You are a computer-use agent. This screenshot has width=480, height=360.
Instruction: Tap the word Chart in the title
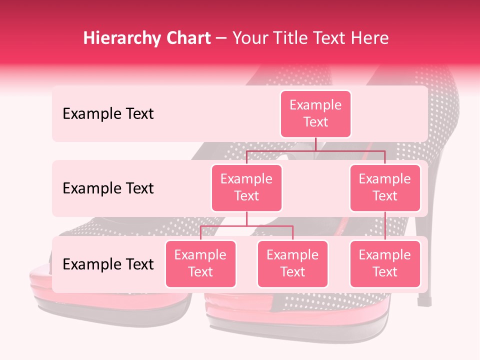pyautogui.click(x=186, y=38)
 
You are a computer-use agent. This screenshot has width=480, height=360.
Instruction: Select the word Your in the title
pyautogui.click(x=248, y=38)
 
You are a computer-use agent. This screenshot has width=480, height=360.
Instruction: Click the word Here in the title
pyautogui.click(x=369, y=38)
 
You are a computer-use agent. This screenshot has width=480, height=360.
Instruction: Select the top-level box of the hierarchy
pyautogui.click(x=315, y=114)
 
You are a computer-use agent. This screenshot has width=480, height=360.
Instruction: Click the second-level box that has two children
pyautogui.click(x=246, y=188)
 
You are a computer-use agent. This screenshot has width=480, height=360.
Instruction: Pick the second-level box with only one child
pyautogui.click(x=385, y=188)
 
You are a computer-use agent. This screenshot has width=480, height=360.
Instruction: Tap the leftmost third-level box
pyautogui.click(x=200, y=264)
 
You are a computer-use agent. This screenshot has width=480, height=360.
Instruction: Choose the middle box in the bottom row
pyautogui.click(x=292, y=264)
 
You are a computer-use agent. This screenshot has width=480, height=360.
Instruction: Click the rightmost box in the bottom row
pyautogui.click(x=385, y=264)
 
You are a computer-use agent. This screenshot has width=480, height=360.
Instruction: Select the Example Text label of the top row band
pyautogui.click(x=108, y=114)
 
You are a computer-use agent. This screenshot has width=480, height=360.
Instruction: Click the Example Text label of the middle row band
pyautogui.click(x=108, y=188)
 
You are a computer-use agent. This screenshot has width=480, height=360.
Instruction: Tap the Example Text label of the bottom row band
pyautogui.click(x=108, y=264)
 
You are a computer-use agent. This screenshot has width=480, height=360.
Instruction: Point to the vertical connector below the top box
pyautogui.click(x=315, y=144)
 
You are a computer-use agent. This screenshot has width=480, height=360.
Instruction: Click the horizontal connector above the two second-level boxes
pyautogui.click(x=315, y=150)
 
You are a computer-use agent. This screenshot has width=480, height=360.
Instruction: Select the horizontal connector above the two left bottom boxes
pyautogui.click(x=246, y=226)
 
